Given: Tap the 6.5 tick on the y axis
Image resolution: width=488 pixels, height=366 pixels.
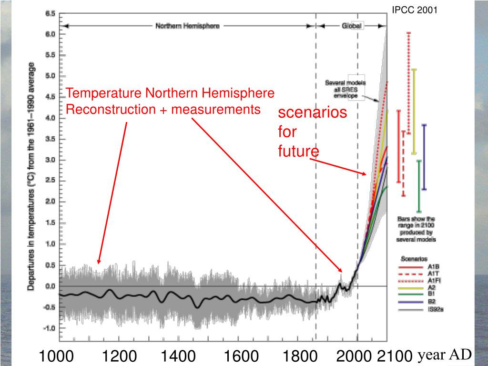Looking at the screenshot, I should (50, 13).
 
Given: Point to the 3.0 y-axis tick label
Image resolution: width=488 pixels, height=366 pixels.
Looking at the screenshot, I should (50, 160).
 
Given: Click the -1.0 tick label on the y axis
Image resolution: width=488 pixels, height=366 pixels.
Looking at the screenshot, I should (49, 328).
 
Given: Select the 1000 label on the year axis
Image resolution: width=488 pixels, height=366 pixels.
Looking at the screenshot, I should (56, 356).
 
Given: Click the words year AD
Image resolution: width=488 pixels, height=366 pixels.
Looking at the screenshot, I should (445, 355).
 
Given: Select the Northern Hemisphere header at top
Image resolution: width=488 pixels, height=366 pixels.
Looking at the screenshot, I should (188, 26).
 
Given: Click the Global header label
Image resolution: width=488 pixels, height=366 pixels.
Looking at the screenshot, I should (352, 26).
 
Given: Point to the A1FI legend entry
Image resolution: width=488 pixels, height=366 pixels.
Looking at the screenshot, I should (433, 281).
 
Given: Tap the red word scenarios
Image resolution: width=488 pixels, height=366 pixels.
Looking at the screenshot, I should (312, 113).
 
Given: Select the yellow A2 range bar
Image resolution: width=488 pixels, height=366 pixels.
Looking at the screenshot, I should (414, 112).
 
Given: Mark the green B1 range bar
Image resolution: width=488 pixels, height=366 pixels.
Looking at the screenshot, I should (419, 186).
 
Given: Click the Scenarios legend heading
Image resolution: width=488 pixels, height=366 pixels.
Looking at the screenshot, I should (414, 259).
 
